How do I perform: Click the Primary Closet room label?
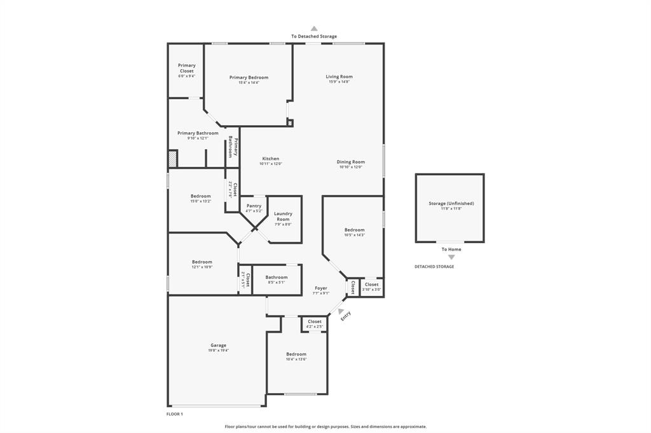(x=186, y=68)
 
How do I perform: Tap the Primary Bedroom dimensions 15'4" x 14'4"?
(x=249, y=83)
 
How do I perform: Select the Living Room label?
(x=339, y=76)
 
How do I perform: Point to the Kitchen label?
(x=270, y=159)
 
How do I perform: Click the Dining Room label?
(x=350, y=162)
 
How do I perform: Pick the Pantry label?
(x=254, y=206)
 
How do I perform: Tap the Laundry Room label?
(x=283, y=216)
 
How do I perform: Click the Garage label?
(x=218, y=345)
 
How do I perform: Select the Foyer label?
(x=321, y=288)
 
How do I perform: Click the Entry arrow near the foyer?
(x=341, y=310)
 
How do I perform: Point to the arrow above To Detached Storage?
(x=314, y=29)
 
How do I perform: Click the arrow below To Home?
(x=451, y=257)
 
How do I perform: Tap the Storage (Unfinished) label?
(x=451, y=203)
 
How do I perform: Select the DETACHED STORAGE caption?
(x=434, y=267)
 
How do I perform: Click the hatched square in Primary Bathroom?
(x=172, y=159)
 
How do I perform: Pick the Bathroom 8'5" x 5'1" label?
(x=276, y=277)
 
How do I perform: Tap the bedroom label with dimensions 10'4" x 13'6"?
(x=296, y=354)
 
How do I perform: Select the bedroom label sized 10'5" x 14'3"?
(x=354, y=230)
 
